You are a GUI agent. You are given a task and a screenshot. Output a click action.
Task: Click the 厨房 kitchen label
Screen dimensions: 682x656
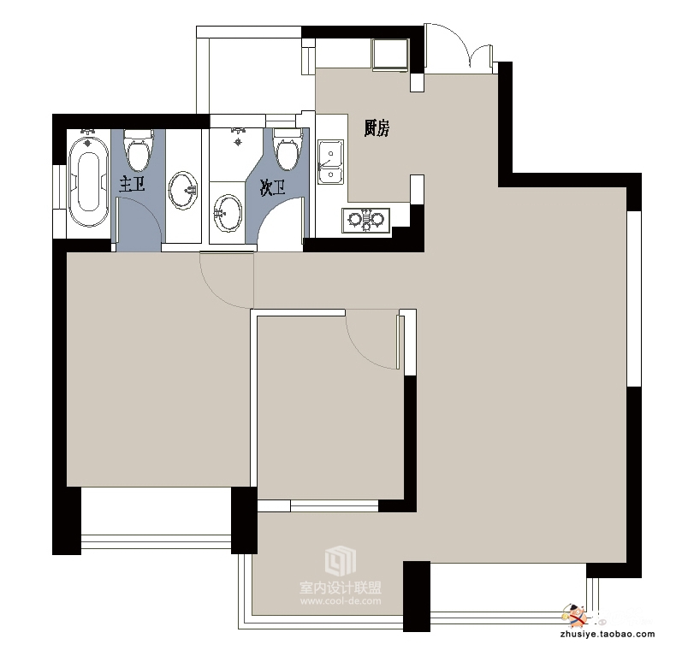377,128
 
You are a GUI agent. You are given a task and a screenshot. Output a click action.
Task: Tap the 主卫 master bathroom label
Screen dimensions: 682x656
132,185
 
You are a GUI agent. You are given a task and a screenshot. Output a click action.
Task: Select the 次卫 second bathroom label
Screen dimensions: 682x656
273,188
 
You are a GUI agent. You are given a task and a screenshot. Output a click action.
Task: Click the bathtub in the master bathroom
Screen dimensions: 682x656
88,180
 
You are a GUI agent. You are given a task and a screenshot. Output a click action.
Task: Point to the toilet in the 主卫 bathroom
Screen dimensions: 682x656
139,150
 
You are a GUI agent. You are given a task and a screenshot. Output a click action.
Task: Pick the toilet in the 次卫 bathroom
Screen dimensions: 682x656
288,149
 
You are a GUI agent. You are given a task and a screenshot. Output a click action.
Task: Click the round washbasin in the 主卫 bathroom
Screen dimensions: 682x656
183,190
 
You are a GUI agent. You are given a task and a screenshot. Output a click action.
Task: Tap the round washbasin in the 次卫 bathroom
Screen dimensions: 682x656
227,213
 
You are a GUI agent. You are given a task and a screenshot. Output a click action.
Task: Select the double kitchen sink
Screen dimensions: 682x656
330,162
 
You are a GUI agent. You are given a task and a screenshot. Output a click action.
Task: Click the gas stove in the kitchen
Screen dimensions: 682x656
366,220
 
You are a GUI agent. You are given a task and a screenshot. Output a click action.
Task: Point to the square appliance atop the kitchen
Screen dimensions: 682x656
390,55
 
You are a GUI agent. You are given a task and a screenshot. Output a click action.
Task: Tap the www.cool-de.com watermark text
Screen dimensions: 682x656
341,600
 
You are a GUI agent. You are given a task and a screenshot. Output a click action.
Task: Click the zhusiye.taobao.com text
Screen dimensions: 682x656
608,634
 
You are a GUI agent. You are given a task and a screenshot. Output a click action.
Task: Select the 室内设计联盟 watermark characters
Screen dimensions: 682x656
341,588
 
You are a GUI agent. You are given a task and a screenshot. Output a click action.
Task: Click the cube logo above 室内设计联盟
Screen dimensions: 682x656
340,559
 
